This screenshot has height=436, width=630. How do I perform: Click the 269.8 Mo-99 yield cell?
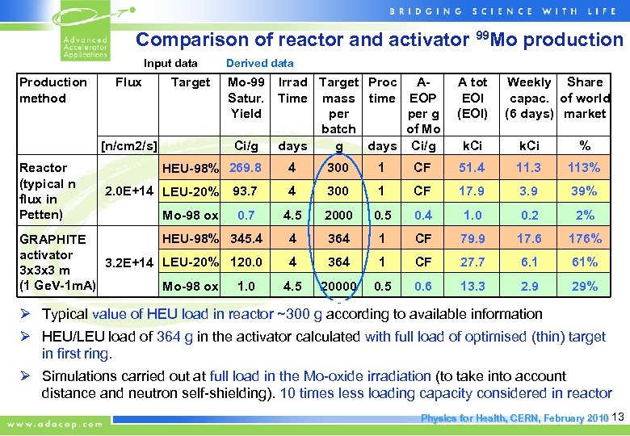246,167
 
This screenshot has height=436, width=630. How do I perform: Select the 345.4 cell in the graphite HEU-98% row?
246,238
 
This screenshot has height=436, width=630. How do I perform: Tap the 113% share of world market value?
584,167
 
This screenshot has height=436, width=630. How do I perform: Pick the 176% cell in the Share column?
584,238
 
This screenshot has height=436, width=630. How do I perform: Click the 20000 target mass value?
338,286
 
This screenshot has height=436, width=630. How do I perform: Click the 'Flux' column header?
128,82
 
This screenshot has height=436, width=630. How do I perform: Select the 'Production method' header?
52,90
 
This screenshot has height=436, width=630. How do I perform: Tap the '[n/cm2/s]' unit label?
128,145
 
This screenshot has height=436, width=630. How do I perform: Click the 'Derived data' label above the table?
259,63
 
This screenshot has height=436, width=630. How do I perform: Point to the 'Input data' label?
170,63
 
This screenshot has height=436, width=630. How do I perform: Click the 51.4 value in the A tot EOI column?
472,167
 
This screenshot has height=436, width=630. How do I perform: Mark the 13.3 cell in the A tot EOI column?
472,286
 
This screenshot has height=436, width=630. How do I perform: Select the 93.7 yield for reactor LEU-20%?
246,191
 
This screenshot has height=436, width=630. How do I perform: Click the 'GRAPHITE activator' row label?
52,246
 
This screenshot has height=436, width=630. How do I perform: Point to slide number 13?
619,417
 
